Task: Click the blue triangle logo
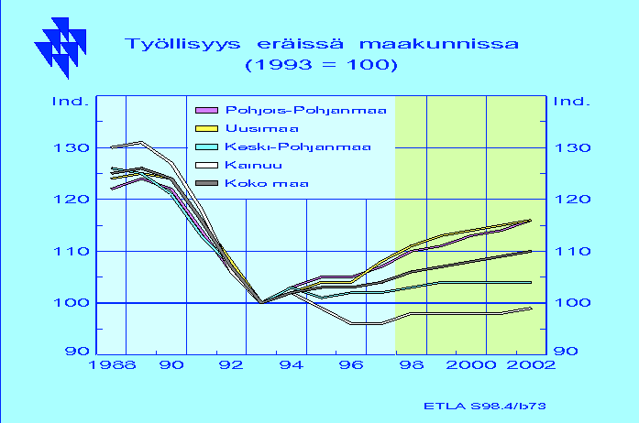[x=61, y=48]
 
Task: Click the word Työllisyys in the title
[x=182, y=44]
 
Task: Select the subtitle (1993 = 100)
[x=321, y=65]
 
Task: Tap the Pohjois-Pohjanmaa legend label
[x=305, y=111]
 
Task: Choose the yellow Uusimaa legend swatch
[x=206, y=129]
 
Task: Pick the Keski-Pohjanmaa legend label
[x=298, y=147]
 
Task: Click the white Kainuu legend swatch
[x=206, y=166]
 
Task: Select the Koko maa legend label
[x=267, y=184]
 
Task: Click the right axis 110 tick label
[x=573, y=251]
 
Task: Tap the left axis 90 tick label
[x=77, y=351]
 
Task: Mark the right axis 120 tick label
[x=573, y=200]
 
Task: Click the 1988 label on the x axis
[x=112, y=364]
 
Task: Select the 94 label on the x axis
[x=292, y=364]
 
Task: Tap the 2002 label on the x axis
[x=531, y=364]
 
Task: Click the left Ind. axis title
[x=71, y=101]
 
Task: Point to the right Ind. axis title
[x=572, y=101]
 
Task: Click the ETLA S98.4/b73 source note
[x=485, y=406]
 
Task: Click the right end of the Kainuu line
[x=531, y=309]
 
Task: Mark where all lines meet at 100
[x=261, y=302]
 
